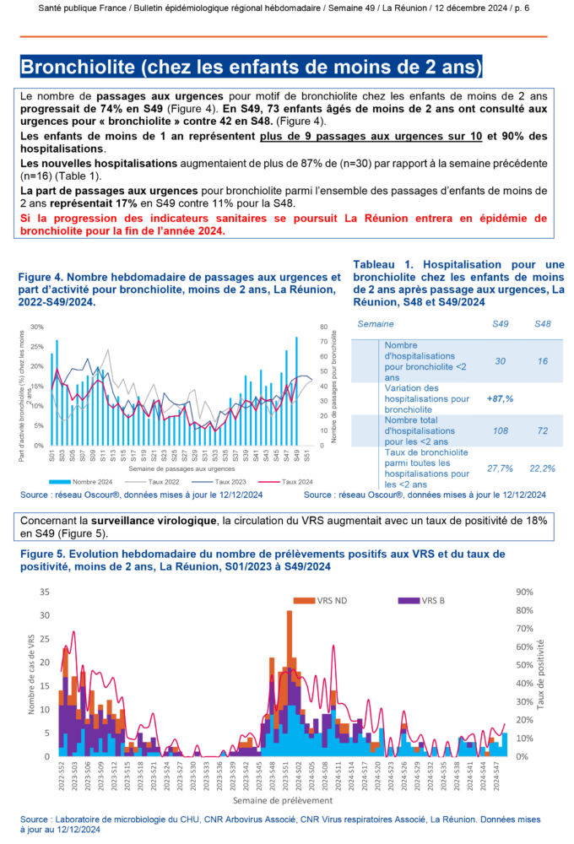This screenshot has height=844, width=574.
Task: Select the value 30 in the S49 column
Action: tap(500, 361)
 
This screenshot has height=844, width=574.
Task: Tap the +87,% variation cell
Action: tap(500, 398)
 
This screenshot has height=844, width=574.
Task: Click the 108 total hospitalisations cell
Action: tap(500, 430)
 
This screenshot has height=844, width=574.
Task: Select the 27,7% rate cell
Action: tap(500, 467)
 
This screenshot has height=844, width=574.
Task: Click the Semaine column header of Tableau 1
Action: tap(376, 324)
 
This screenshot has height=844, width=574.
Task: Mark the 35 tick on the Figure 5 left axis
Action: tap(45, 592)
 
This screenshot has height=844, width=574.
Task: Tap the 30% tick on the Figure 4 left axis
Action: tap(37, 327)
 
